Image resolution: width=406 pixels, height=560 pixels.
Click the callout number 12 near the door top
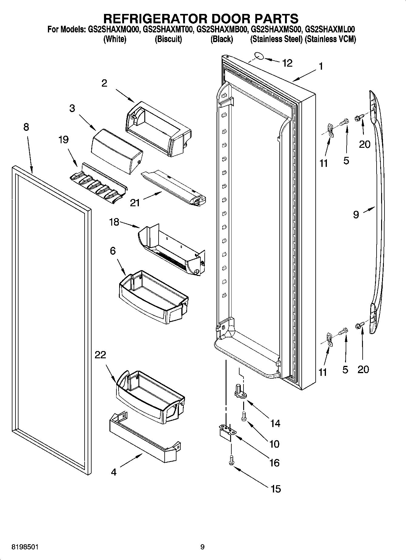[287, 63]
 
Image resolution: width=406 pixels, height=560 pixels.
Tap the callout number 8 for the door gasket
[26, 127]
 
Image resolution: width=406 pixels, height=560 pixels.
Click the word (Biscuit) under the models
[168, 39]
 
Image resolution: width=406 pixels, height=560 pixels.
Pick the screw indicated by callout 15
[231, 462]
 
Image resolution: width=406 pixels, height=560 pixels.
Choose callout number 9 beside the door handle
[356, 215]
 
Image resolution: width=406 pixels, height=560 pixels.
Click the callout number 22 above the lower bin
[100, 355]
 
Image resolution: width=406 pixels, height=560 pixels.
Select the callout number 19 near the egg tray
[63, 140]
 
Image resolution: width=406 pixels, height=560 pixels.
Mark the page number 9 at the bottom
[202, 547]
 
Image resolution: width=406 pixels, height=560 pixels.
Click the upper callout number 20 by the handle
[364, 144]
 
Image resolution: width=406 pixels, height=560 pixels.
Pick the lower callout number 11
[323, 372]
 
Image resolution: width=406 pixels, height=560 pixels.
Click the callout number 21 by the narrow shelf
[135, 203]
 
